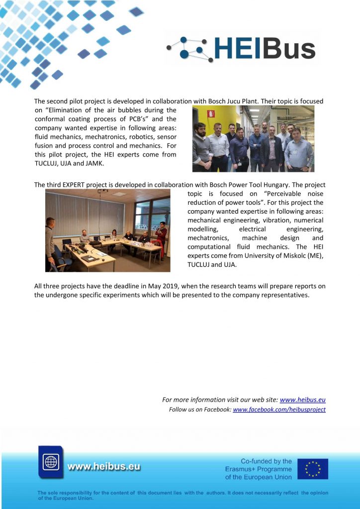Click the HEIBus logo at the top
(242, 48)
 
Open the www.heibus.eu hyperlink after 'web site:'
(302, 400)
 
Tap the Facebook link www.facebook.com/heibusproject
(279, 410)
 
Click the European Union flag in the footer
(313, 469)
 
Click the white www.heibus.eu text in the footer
(103, 467)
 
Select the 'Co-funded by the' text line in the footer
(266, 461)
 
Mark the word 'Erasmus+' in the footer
(240, 469)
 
